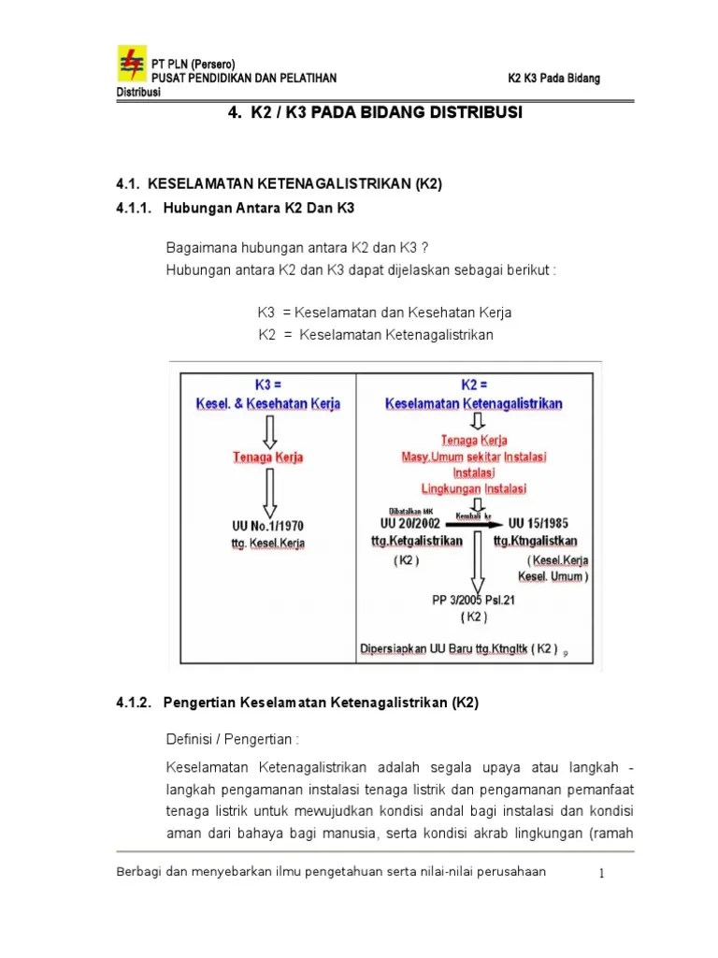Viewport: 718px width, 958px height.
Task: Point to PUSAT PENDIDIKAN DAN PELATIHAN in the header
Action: (x=244, y=78)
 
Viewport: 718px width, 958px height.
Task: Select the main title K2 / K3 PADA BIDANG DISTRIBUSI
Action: (x=375, y=112)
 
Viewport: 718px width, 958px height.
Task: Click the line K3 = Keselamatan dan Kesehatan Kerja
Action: (x=384, y=312)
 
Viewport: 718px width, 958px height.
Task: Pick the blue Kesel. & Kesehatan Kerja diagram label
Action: (x=268, y=403)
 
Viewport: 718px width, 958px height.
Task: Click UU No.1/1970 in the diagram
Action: (x=267, y=526)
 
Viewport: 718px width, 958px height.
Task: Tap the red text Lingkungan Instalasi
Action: (x=474, y=488)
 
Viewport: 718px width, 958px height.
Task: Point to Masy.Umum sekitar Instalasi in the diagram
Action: (x=474, y=457)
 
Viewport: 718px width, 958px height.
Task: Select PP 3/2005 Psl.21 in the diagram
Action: (x=474, y=601)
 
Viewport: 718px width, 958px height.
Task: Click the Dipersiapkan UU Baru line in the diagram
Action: (x=458, y=647)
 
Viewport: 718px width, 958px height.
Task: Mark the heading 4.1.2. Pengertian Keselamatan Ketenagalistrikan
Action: (x=297, y=703)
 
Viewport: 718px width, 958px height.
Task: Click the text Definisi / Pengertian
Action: (x=232, y=739)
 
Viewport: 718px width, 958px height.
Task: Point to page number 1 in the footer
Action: (x=603, y=873)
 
